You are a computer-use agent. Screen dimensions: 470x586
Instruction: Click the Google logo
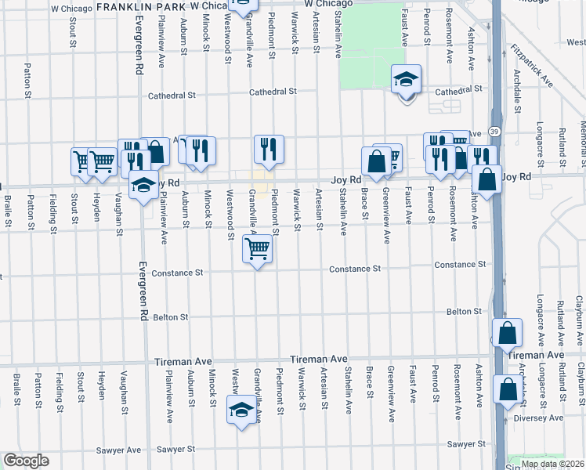click(x=26, y=461)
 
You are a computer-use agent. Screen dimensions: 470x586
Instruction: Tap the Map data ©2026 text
click(x=553, y=464)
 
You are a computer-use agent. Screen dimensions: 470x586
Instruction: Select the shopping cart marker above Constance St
click(x=258, y=249)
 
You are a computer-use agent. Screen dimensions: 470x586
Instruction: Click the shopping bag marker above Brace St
click(x=376, y=161)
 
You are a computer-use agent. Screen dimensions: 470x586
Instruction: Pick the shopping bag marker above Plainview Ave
click(x=156, y=152)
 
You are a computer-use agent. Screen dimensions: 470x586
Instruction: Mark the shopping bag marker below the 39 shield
click(x=487, y=179)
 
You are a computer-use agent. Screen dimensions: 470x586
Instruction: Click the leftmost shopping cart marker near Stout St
click(x=82, y=161)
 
